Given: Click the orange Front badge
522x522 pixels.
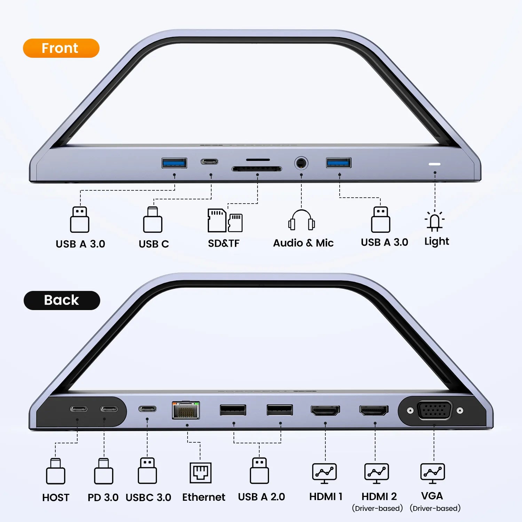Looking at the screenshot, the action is point(61,48).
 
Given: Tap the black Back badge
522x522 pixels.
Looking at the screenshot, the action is point(62,300).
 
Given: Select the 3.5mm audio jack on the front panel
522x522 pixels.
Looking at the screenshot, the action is point(301,163).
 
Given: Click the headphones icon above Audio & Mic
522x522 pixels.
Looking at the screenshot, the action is point(301,220).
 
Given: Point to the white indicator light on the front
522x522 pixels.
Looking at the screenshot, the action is point(435,164).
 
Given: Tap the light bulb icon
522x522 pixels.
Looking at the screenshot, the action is point(435,221).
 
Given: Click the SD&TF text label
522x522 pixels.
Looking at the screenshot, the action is point(224,243).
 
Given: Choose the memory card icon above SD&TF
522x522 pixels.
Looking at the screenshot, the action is point(225,220).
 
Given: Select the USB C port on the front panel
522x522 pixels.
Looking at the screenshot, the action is point(209,161).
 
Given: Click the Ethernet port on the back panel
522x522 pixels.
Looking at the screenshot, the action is point(186,410).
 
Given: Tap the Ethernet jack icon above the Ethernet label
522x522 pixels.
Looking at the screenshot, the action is point(200,473).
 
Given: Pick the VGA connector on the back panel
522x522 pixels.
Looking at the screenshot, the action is point(435,411).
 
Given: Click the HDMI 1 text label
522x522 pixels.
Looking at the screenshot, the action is point(326,497).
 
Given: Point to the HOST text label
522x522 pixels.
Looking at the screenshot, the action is point(56,498).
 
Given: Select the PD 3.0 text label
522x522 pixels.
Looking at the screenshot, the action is point(103,498).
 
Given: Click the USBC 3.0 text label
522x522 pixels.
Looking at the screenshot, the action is point(148,498).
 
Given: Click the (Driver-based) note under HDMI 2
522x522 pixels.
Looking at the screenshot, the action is point(377,508).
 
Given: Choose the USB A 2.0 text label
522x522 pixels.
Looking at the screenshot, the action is point(261,497).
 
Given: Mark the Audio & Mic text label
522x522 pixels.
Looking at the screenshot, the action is point(303,243).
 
